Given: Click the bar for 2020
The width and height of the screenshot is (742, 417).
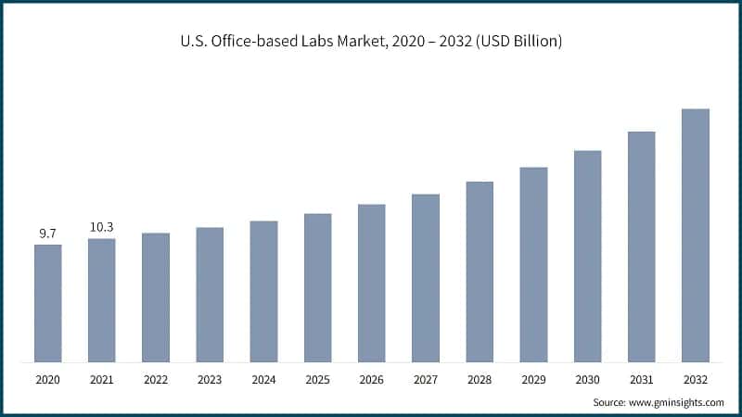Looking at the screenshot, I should (x=48, y=303).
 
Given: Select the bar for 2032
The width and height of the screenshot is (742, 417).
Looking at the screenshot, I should (x=696, y=235).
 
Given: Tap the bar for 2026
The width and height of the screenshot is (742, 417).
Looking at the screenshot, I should (x=372, y=283).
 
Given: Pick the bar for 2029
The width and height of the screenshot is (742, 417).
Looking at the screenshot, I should (x=533, y=264).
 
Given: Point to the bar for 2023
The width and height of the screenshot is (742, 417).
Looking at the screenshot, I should (x=210, y=295).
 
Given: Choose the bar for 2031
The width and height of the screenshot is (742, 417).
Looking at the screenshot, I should (x=642, y=246).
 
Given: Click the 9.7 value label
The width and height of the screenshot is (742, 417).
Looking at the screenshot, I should (x=48, y=234).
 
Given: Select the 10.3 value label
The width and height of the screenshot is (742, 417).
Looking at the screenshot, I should (x=102, y=227).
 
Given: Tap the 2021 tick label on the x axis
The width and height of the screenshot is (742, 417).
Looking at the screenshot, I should (x=102, y=380).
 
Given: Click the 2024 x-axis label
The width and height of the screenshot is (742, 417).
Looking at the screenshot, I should (x=263, y=380).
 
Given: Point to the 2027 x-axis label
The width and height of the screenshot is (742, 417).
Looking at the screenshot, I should (x=426, y=380).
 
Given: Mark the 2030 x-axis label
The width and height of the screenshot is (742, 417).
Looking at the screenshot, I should (x=587, y=380).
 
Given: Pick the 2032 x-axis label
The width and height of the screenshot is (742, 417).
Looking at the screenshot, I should (x=696, y=380).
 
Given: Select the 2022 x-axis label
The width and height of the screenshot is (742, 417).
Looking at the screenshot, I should (x=156, y=380).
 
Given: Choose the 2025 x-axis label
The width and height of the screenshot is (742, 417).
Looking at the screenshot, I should (x=318, y=380).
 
